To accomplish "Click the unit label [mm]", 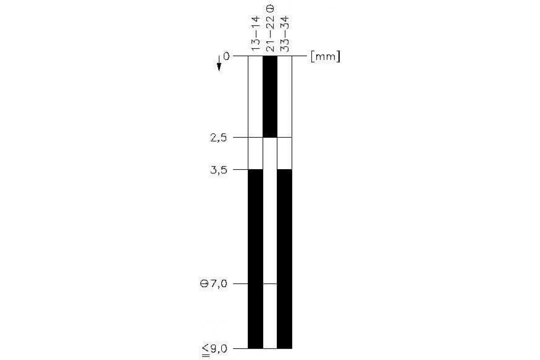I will point(324,57).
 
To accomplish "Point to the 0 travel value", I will point(226,57).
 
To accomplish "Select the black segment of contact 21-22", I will point(270,97).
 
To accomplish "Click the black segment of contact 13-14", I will point(256,259).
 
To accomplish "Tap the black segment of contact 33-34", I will point(284,259).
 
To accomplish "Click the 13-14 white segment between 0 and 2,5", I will point(256,97).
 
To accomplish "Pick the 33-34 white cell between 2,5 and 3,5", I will point(284,153).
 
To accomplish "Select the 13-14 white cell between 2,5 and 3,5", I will point(256,153).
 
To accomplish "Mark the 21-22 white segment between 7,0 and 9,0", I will point(270,316).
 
